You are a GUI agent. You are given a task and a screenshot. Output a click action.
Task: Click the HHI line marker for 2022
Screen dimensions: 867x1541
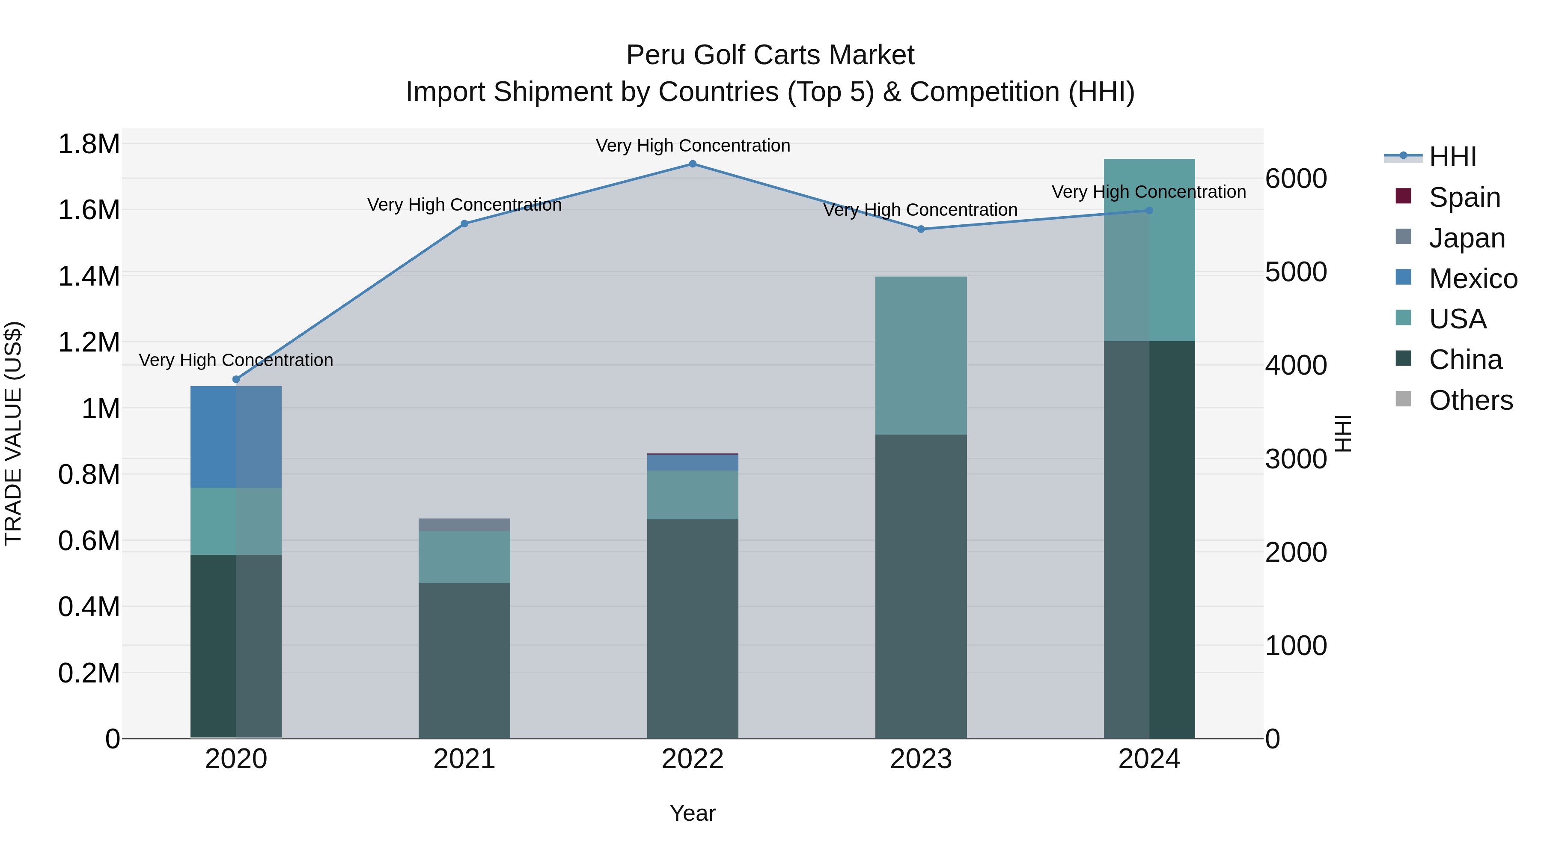tap(692, 164)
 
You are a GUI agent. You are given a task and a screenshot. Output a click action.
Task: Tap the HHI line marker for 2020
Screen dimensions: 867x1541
tap(236, 379)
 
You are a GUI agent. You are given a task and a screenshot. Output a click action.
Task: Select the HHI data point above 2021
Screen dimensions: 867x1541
tap(464, 224)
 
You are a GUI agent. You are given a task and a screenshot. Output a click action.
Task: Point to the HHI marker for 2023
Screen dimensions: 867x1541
tap(921, 229)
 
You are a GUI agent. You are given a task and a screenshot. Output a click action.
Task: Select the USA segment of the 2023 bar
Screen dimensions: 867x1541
tap(921, 355)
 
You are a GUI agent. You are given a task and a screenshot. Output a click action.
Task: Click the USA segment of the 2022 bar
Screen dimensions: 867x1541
tap(692, 495)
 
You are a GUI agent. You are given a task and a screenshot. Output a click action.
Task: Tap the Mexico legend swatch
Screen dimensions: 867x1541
tap(1403, 277)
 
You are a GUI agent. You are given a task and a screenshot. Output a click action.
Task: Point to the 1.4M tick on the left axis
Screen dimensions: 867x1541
tap(89, 277)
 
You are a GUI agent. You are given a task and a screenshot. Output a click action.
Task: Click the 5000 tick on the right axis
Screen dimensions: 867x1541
tap(1296, 272)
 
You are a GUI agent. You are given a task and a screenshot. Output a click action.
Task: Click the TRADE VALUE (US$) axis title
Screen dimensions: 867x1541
tap(13, 433)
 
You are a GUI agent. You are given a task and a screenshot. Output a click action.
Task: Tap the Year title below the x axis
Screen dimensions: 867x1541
tap(692, 813)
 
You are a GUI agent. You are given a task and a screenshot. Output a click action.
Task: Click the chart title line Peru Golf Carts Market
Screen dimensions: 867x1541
tap(770, 55)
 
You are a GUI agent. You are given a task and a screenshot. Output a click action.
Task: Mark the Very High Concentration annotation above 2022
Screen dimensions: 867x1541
tap(693, 146)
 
